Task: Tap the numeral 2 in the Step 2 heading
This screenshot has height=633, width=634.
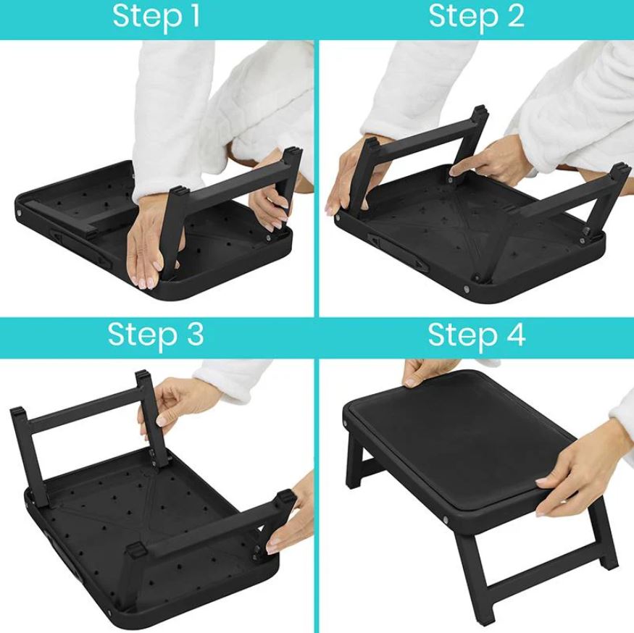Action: click(515, 17)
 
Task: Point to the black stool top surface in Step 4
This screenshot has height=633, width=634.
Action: click(464, 442)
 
